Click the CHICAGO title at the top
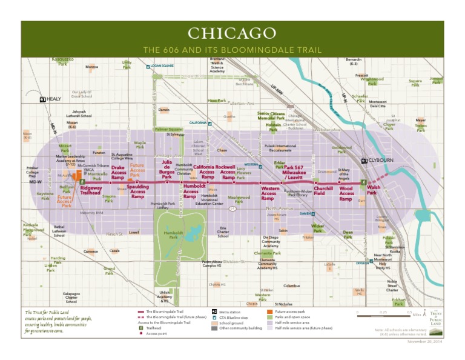232,33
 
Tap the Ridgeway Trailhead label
91,190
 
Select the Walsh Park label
374,190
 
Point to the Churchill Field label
323,190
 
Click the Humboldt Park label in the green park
173,234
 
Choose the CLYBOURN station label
380,161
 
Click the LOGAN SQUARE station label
162,65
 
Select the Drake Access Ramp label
118,172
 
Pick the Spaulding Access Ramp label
137,192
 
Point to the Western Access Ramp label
269,193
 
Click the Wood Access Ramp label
346,193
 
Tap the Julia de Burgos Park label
167,170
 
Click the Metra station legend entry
231,312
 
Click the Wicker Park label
317,228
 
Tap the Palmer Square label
168,129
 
